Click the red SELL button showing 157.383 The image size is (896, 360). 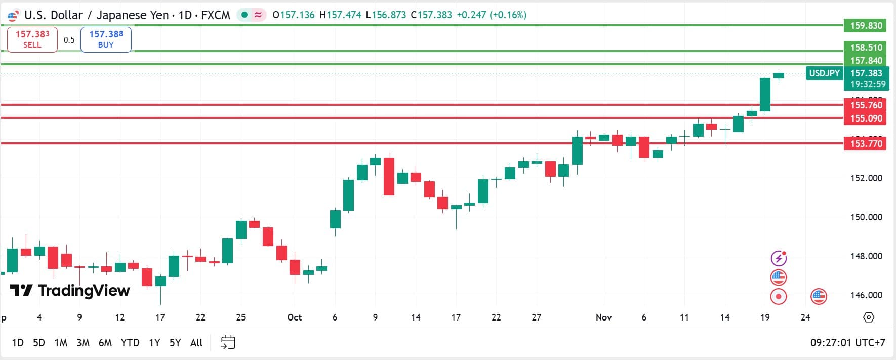[x=32, y=39]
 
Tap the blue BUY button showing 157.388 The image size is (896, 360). [x=106, y=39]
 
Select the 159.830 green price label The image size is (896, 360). [x=866, y=25]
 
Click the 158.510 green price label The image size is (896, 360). [x=866, y=47]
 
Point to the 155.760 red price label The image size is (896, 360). [x=866, y=105]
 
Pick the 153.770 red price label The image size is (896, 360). [x=866, y=143]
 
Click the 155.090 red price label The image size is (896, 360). [x=866, y=118]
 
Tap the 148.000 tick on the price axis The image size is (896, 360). [x=866, y=256]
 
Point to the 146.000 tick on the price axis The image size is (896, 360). [x=866, y=295]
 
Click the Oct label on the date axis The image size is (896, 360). [x=294, y=317]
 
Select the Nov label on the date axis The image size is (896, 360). [x=603, y=317]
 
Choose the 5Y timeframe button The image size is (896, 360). [x=175, y=343]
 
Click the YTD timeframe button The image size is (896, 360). [x=130, y=343]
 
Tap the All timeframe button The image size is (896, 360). [x=196, y=343]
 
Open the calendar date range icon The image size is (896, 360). [x=228, y=342]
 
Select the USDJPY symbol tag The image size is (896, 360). [x=824, y=73]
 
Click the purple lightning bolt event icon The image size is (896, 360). [x=779, y=258]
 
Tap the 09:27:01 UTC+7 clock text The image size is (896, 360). [x=847, y=343]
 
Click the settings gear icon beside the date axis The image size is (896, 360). [x=869, y=317]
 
